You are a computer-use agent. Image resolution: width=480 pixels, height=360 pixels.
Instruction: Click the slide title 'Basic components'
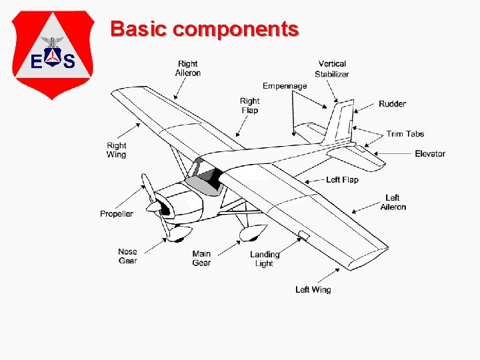click(205, 29)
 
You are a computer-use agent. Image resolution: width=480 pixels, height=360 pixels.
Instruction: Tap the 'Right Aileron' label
click(188, 69)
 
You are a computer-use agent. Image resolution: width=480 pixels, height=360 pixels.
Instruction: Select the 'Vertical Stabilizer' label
click(332, 69)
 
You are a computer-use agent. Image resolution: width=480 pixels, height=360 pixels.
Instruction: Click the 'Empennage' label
click(285, 86)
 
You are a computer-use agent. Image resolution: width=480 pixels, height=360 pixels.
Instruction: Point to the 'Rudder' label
click(392, 104)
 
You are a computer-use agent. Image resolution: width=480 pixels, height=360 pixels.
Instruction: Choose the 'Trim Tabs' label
click(405, 134)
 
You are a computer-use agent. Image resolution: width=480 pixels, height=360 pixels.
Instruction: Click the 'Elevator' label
click(429, 154)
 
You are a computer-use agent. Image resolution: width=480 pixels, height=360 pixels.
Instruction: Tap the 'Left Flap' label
click(342, 180)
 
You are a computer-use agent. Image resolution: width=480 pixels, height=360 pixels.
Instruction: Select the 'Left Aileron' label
click(393, 203)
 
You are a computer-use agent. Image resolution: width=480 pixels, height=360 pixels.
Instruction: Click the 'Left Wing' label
click(313, 289)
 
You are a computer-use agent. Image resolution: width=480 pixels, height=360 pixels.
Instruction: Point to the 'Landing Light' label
click(265, 259)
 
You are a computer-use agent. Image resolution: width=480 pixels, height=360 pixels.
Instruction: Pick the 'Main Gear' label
click(201, 258)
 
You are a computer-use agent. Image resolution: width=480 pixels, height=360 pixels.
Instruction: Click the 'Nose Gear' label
click(128, 256)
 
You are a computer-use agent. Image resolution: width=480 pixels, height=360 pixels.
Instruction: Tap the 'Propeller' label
click(117, 214)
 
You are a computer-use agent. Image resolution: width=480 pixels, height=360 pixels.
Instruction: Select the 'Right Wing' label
click(116, 150)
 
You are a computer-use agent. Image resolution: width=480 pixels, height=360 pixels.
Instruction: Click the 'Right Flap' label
click(249, 106)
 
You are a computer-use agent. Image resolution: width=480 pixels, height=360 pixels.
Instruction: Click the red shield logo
click(53, 53)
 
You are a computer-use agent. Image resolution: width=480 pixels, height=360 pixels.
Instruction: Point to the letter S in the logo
click(69, 63)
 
